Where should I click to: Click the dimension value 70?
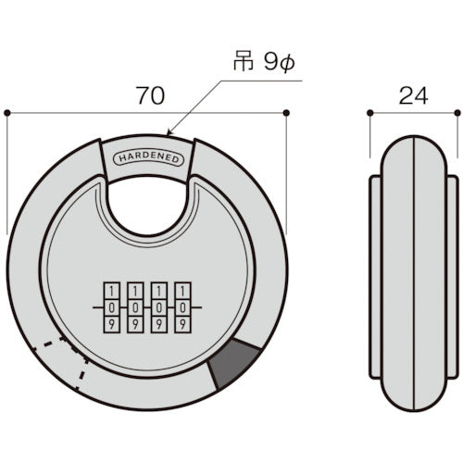(x=147, y=94)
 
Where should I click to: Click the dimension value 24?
(x=413, y=94)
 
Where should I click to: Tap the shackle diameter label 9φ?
(x=262, y=66)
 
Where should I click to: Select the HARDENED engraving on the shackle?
(x=149, y=158)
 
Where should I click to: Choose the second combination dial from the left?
(x=134, y=307)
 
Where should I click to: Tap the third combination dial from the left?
(x=159, y=307)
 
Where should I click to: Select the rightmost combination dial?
(x=183, y=307)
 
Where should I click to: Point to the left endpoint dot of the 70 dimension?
(x=7, y=113)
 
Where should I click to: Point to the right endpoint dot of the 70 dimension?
(x=287, y=113)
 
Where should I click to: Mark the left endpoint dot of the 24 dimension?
(x=369, y=113)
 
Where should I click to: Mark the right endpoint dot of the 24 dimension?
(x=457, y=113)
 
